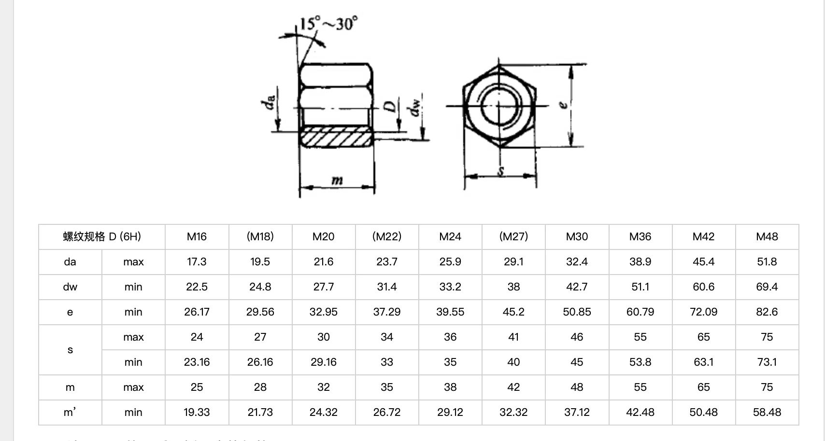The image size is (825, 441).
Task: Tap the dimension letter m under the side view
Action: (337, 181)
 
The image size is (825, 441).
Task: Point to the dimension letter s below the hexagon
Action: (501, 171)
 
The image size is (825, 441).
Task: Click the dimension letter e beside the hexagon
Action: (562, 105)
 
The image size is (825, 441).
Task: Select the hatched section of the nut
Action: (337, 137)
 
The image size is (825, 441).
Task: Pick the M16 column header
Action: (197, 236)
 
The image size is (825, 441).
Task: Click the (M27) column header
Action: (513, 236)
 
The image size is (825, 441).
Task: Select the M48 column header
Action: (767, 236)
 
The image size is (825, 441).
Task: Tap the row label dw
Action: (70, 287)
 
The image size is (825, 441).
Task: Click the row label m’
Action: (70, 413)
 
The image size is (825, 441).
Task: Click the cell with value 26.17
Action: (197, 312)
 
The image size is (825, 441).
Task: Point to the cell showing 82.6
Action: (767, 312)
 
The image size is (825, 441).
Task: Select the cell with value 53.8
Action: (640, 362)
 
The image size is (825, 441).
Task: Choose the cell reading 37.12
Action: (577, 413)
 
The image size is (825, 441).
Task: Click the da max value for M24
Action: (450, 262)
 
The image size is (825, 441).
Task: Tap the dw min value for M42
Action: (703, 287)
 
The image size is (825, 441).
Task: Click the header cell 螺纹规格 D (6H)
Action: (102, 236)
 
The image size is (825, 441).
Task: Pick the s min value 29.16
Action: (323, 362)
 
